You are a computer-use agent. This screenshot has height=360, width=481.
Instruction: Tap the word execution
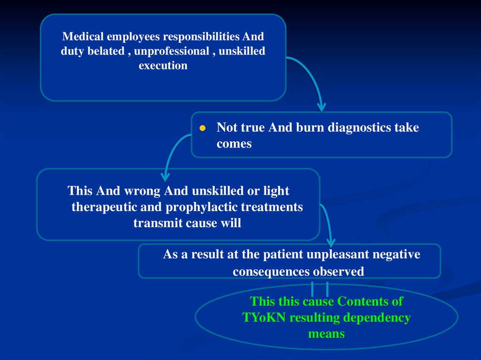pyautogui.click(x=163, y=65)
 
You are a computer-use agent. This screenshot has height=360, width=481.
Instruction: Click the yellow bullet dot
pyautogui.click(x=202, y=128)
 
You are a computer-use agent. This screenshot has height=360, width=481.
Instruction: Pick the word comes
pyautogui.click(x=234, y=144)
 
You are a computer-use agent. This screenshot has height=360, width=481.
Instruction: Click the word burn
pyautogui.click(x=310, y=127)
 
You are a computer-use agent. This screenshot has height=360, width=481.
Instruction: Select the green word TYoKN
pyautogui.click(x=264, y=317)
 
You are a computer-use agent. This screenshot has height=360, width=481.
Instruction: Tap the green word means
pyautogui.click(x=326, y=334)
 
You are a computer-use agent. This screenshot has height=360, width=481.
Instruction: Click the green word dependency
pyautogui.click(x=377, y=317)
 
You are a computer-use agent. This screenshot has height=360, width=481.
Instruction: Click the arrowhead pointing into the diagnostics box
pyautogui.click(x=321, y=107)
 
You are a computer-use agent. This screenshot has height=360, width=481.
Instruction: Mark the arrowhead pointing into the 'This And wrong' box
pyautogui.click(x=165, y=177)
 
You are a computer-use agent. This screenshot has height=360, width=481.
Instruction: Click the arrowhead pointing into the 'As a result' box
pyautogui.click(x=331, y=243)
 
